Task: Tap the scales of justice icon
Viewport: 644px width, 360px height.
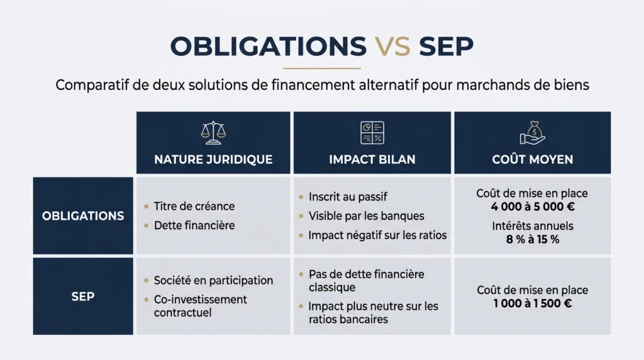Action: [213, 132]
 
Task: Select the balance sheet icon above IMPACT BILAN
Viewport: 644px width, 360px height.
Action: [372, 132]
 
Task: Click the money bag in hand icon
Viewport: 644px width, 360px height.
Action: [532, 132]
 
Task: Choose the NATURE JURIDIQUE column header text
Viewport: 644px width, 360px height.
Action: [213, 159]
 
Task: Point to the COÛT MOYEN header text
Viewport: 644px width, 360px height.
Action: [532, 159]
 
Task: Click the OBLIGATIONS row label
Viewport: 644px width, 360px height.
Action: [83, 216]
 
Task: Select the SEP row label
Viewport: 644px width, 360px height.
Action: [83, 296]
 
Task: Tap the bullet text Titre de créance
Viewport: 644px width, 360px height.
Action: [194, 206]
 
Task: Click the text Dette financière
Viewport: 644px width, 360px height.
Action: [195, 225]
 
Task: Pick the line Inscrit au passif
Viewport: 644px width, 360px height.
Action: [348, 197]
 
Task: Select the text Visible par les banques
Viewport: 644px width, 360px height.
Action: [366, 216]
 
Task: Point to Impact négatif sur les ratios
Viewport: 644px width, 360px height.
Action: [377, 235]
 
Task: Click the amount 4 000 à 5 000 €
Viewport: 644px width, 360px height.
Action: [532, 206]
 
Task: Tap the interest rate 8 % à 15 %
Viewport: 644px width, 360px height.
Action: [532, 239]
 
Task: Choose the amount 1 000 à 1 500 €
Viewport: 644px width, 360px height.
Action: [532, 303]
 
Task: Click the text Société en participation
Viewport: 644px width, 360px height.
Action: [213, 281]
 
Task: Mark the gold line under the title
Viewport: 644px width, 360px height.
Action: [322, 68]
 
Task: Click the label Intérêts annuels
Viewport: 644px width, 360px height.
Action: [532, 226]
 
